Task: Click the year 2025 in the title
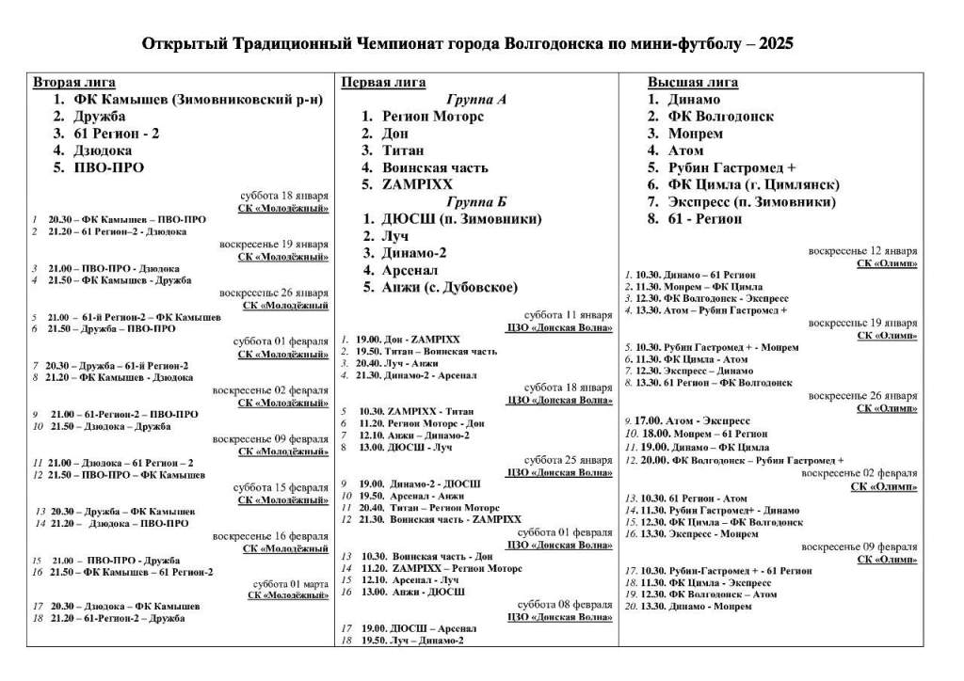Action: click(x=775, y=44)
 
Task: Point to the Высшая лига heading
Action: click(x=693, y=82)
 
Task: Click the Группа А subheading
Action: click(x=476, y=99)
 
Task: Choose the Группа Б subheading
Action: click(x=476, y=201)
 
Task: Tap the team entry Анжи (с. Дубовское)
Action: click(x=450, y=287)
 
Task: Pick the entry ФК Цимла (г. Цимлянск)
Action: click(x=753, y=184)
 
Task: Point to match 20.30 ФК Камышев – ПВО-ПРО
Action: click(x=127, y=219)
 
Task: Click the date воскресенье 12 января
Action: click(x=863, y=251)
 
